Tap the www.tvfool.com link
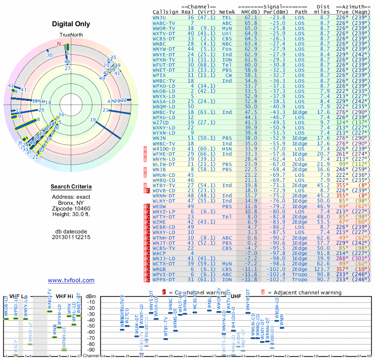tap(71, 280)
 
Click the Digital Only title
tap(71, 24)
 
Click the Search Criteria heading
tap(71, 187)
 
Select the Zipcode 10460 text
tap(71, 207)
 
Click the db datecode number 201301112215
tap(71, 237)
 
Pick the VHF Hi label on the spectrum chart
tap(64, 296)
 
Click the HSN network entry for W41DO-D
tap(227, 148)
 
